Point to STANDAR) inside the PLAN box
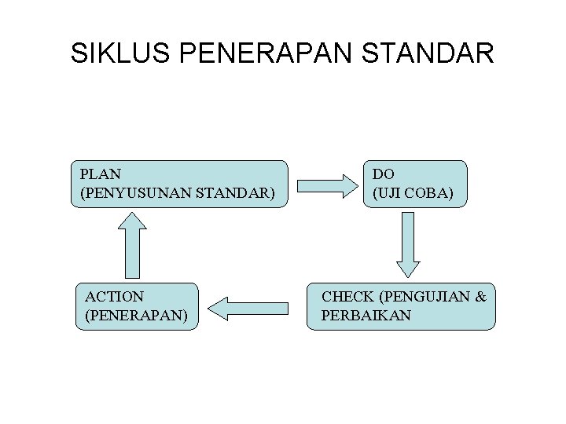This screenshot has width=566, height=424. (x=240, y=192)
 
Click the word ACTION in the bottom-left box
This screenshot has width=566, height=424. (x=115, y=297)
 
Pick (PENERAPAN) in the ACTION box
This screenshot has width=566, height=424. (x=134, y=315)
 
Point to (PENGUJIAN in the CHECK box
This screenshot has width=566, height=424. (x=425, y=297)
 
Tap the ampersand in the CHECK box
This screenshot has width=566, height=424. (x=480, y=297)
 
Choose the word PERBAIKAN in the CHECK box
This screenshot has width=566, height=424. (x=366, y=315)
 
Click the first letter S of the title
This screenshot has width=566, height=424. (x=79, y=53)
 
